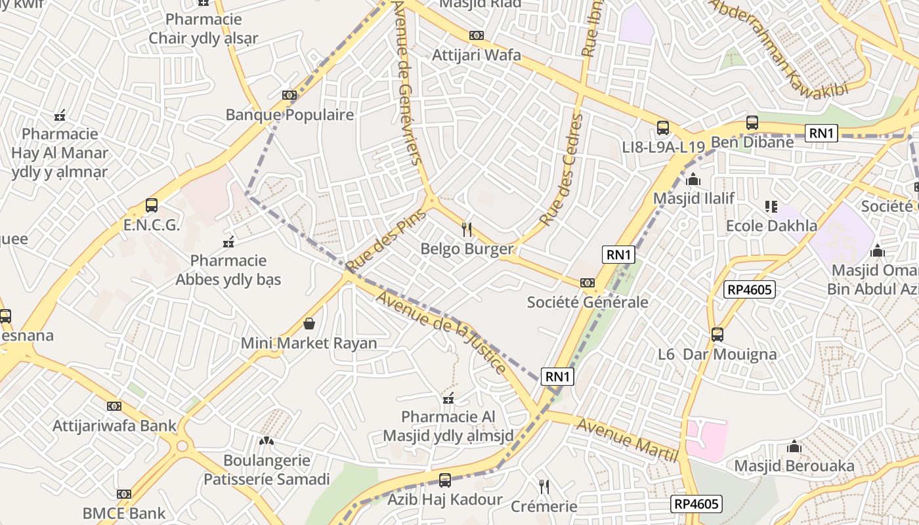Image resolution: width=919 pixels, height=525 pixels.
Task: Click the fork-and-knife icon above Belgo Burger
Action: click(x=467, y=229)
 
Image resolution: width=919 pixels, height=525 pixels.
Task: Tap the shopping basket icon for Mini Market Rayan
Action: click(x=309, y=324)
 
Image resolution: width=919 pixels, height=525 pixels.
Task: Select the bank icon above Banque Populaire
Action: click(x=289, y=95)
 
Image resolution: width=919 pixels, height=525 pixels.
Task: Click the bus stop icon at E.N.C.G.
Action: click(x=152, y=205)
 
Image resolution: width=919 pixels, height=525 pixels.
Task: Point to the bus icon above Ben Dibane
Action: click(x=752, y=123)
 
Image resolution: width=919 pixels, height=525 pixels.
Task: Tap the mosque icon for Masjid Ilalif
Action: click(x=693, y=179)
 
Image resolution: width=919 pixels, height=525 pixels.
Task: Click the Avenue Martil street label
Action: click(x=626, y=440)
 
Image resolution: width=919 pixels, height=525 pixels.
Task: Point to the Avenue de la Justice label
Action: click(x=441, y=332)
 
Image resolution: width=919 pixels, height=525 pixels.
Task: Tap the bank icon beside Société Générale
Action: click(x=588, y=283)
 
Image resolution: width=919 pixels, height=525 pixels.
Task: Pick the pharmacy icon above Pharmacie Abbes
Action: click(x=228, y=242)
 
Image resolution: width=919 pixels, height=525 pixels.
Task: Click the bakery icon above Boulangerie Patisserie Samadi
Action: click(x=267, y=441)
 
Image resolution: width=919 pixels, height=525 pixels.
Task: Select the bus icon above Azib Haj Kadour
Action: click(x=445, y=480)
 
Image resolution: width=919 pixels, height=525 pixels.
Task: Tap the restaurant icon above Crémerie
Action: click(x=544, y=486)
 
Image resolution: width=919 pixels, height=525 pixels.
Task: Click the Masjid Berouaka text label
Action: click(x=794, y=466)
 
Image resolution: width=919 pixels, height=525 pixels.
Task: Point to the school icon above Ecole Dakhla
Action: click(x=771, y=207)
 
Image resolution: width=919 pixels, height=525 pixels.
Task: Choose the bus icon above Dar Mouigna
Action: click(x=717, y=335)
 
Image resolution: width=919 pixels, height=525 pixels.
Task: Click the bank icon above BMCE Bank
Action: click(x=124, y=494)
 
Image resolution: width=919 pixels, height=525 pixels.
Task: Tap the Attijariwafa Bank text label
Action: click(x=115, y=425)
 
